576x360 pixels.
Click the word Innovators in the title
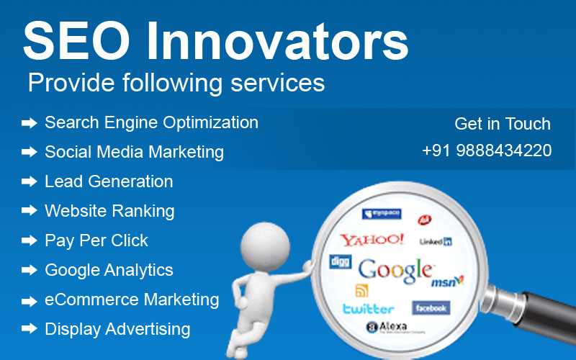pyautogui.click(x=278, y=41)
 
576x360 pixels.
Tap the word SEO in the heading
pyautogui.click(x=76, y=41)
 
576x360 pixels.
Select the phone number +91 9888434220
pyautogui.click(x=487, y=150)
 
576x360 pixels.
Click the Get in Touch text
pyautogui.click(x=503, y=124)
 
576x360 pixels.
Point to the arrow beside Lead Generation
pyautogui.click(x=30, y=181)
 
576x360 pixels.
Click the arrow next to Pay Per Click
pyautogui.click(x=30, y=240)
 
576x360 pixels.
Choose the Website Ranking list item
pyautogui.click(x=109, y=211)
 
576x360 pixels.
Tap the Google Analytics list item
pyautogui.click(x=109, y=271)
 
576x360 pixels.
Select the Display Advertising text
pyautogui.click(x=117, y=329)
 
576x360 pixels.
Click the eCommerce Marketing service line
pyautogui.click(x=132, y=300)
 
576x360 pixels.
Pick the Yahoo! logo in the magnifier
pyautogui.click(x=372, y=240)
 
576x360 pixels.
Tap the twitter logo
pyautogui.click(x=369, y=309)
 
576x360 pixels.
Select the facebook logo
pyautogui.click(x=431, y=308)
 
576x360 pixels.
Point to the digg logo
pyautogui.click(x=340, y=261)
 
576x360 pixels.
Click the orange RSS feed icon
pyautogui.click(x=361, y=291)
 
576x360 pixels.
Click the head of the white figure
pyautogui.click(x=265, y=246)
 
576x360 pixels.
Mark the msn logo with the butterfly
pyautogui.click(x=447, y=282)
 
